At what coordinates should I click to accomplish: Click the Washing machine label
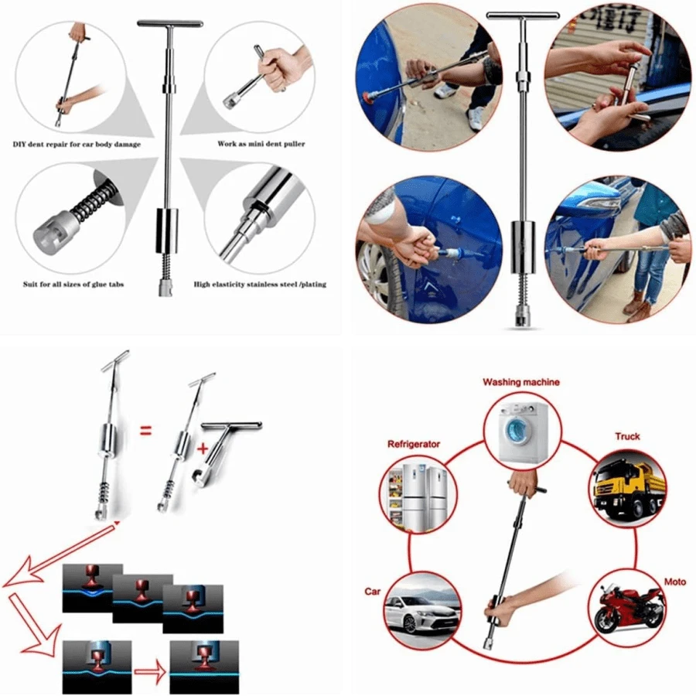[520, 382]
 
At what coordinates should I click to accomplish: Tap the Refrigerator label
[414, 444]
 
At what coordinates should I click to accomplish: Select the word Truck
[627, 436]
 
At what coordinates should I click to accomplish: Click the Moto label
[674, 581]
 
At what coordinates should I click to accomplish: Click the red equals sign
[145, 430]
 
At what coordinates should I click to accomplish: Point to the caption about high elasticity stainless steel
[260, 285]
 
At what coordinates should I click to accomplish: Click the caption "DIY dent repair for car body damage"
[77, 144]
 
